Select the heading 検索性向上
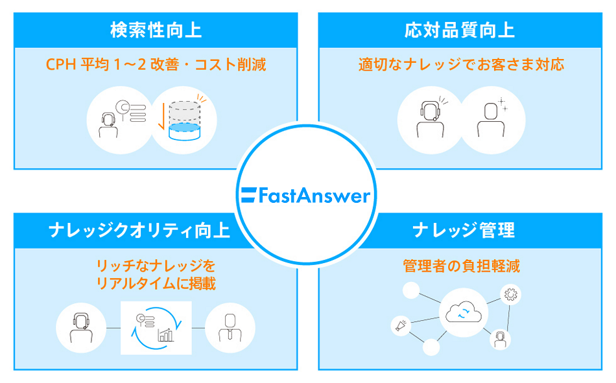tap(156, 30)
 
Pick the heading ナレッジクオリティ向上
tap(139, 230)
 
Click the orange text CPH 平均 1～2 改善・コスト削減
tap(156, 65)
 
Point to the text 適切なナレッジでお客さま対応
tap(461, 65)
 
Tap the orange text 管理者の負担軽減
tap(461, 266)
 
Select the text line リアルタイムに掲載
tap(156, 284)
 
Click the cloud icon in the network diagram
tap(461, 314)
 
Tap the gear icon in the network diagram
tap(511, 295)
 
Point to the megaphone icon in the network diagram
tap(400, 325)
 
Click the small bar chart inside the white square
tap(166, 334)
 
